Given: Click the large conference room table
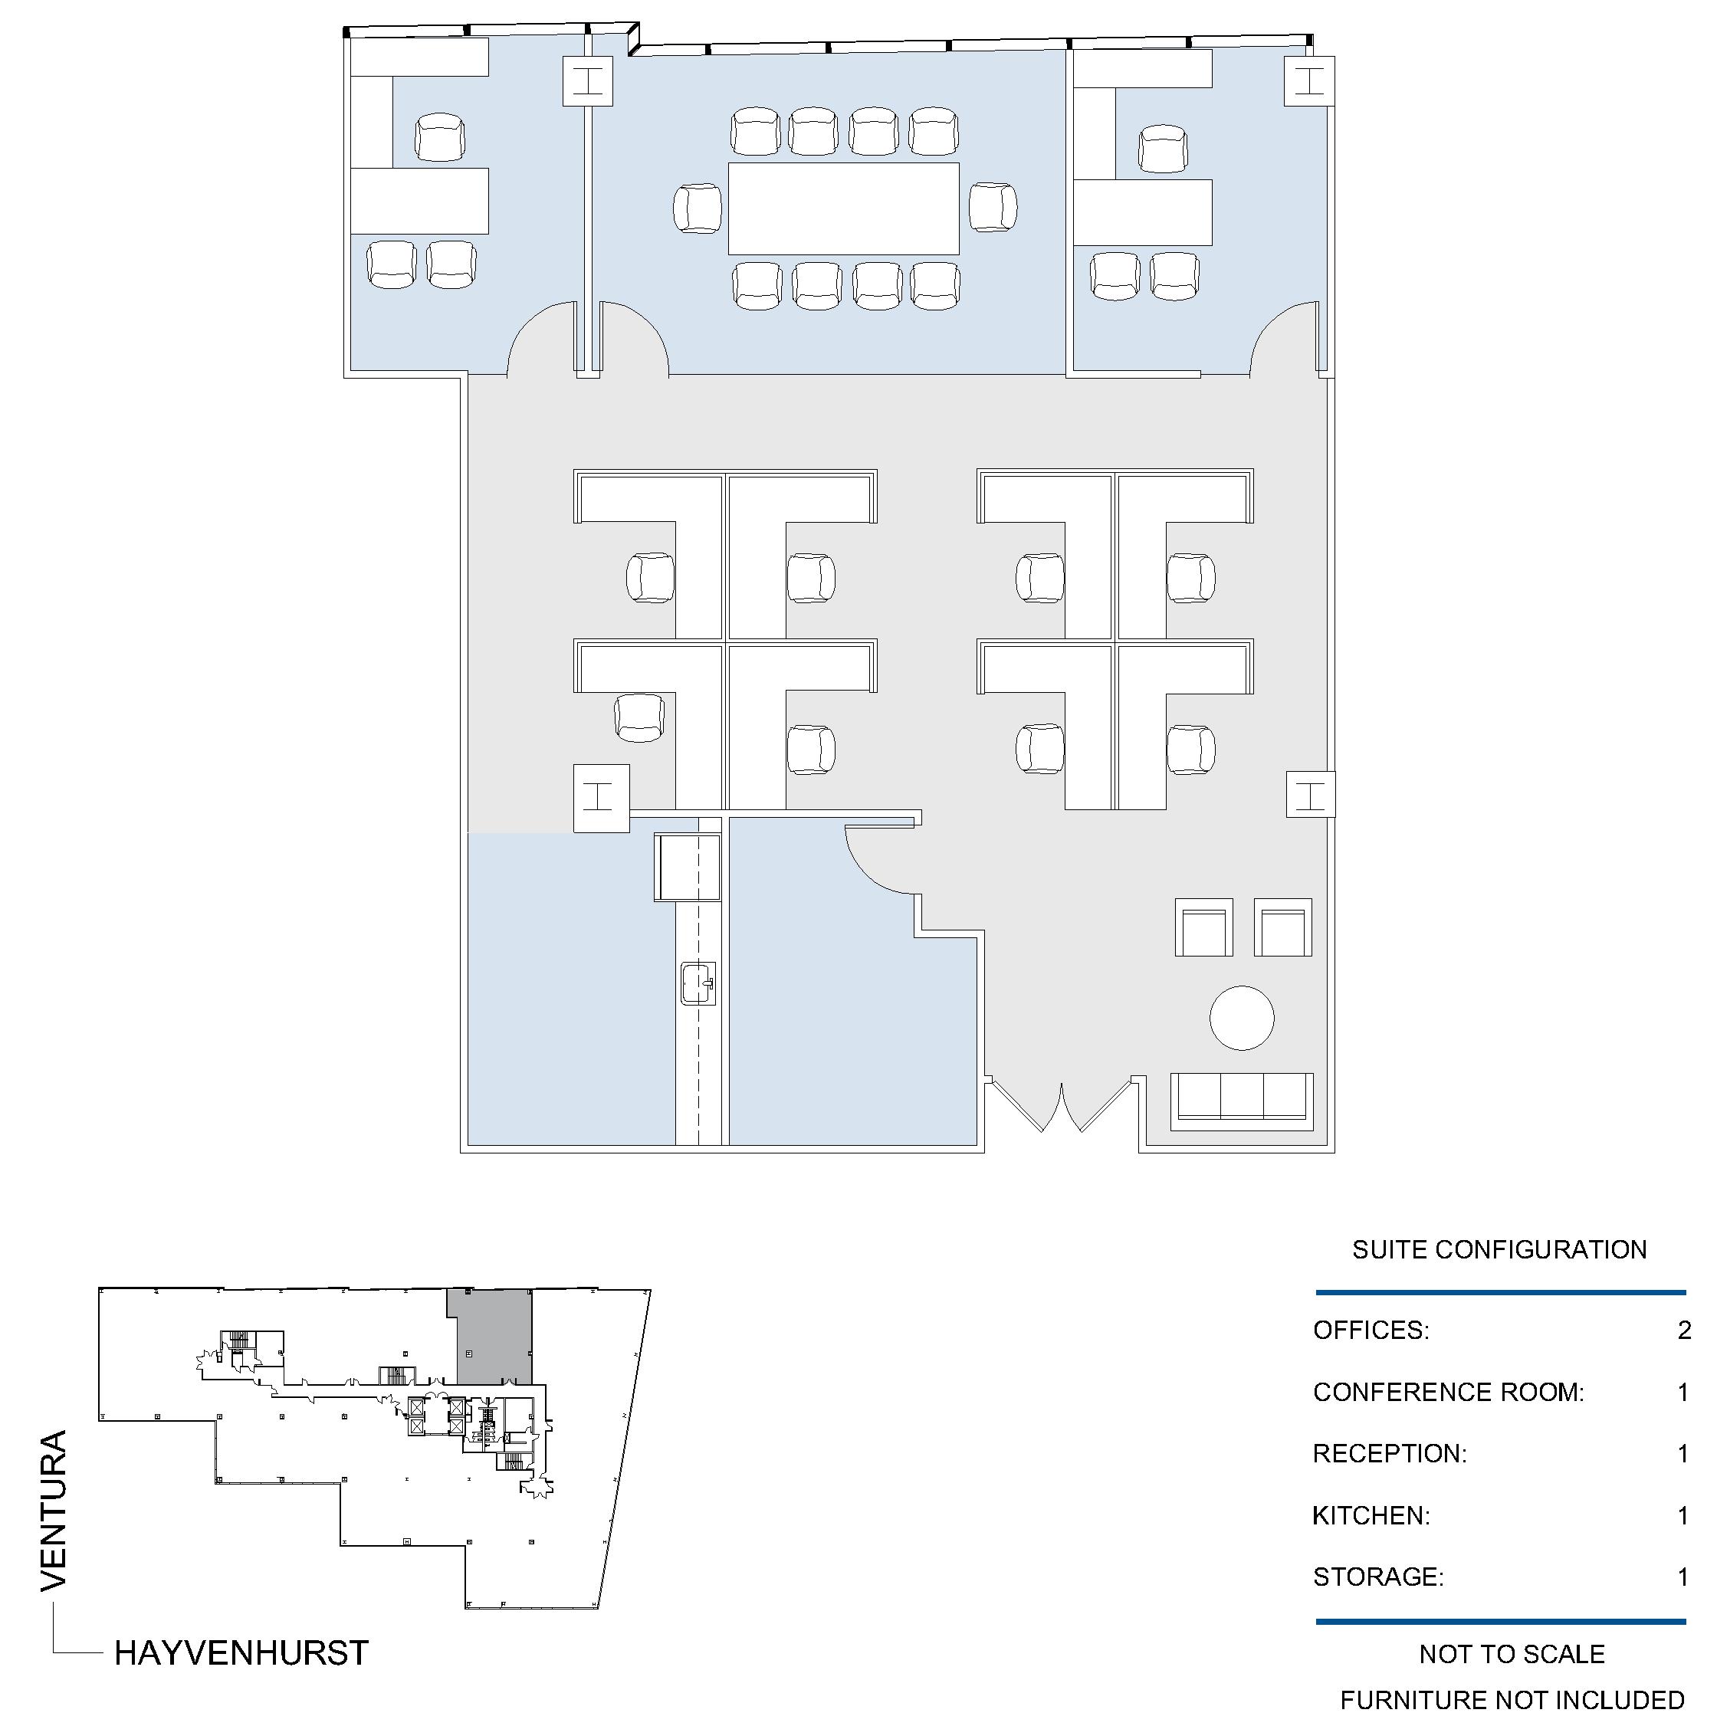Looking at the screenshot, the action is point(844,208).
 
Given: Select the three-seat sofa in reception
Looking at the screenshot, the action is point(1242,1097).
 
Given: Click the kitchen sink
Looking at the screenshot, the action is point(698,983).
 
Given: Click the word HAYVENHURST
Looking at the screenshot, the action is point(241,1652).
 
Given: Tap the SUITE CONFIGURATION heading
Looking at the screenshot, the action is point(1499,1249).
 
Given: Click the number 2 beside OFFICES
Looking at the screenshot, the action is point(1684,1331).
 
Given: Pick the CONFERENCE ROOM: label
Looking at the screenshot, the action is point(1448,1392).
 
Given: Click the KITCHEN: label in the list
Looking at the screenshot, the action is point(1371,1515).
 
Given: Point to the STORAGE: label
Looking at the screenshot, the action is point(1378,1577).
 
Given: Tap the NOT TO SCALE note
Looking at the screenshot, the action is point(1512,1655).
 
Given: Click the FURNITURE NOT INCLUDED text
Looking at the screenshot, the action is point(1512,1700).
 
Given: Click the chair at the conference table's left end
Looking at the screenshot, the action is point(698,209).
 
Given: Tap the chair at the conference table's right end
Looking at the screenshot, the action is point(993,207).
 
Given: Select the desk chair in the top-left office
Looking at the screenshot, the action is point(439,136).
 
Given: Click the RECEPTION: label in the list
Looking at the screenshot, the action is point(1390,1453).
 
